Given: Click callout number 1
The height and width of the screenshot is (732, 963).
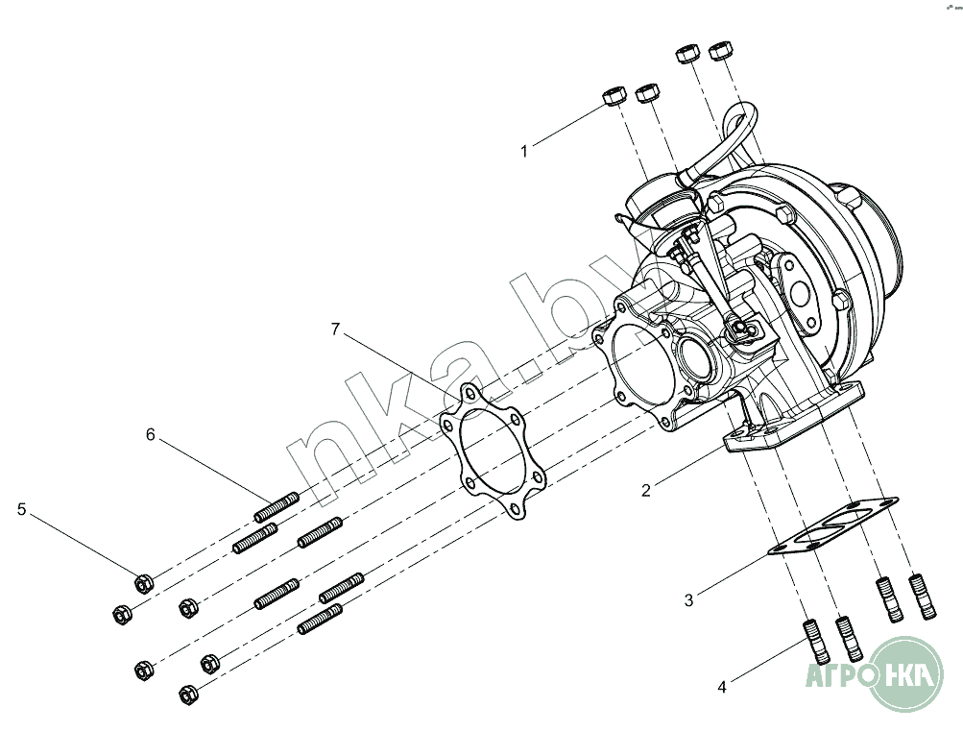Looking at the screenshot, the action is click(x=524, y=151).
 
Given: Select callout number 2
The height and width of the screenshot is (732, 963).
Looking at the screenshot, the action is click(x=647, y=490).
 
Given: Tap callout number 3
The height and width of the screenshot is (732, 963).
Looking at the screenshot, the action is click(x=688, y=601).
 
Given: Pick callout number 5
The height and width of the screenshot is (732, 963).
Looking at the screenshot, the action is click(x=21, y=509).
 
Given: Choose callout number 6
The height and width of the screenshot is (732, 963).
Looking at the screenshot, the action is click(x=150, y=434).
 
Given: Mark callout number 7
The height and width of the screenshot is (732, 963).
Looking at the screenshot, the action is click(x=335, y=329).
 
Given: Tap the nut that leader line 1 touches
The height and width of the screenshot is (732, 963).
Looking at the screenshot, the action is click(x=613, y=96).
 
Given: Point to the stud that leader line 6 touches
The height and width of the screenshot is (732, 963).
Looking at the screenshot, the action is click(x=277, y=504).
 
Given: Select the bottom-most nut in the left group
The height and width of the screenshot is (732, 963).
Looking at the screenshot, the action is click(x=189, y=692).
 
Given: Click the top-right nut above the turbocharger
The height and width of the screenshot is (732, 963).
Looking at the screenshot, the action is click(x=720, y=51).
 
